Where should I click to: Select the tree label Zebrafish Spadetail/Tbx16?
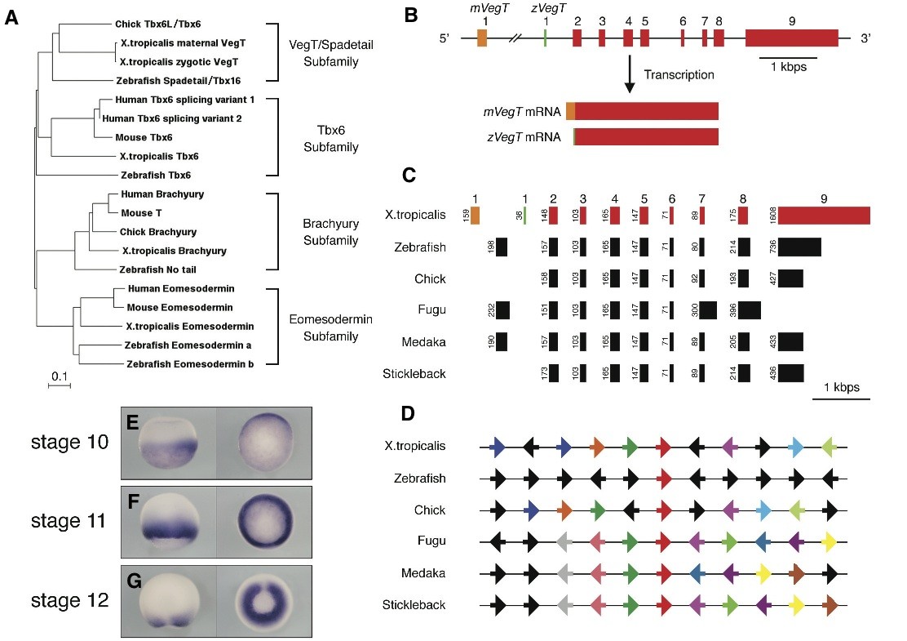tap(179, 80)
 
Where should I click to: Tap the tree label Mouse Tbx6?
tap(144, 137)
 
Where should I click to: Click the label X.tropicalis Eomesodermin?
tap(191, 326)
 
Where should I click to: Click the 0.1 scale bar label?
tap(60, 376)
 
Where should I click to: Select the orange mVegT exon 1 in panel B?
tap(482, 37)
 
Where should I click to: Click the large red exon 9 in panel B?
tap(791, 37)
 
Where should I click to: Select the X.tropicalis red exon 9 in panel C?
tap(824, 215)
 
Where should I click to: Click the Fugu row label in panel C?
tap(429, 310)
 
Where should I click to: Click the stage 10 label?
tap(69, 443)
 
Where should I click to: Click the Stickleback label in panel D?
tap(414, 605)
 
